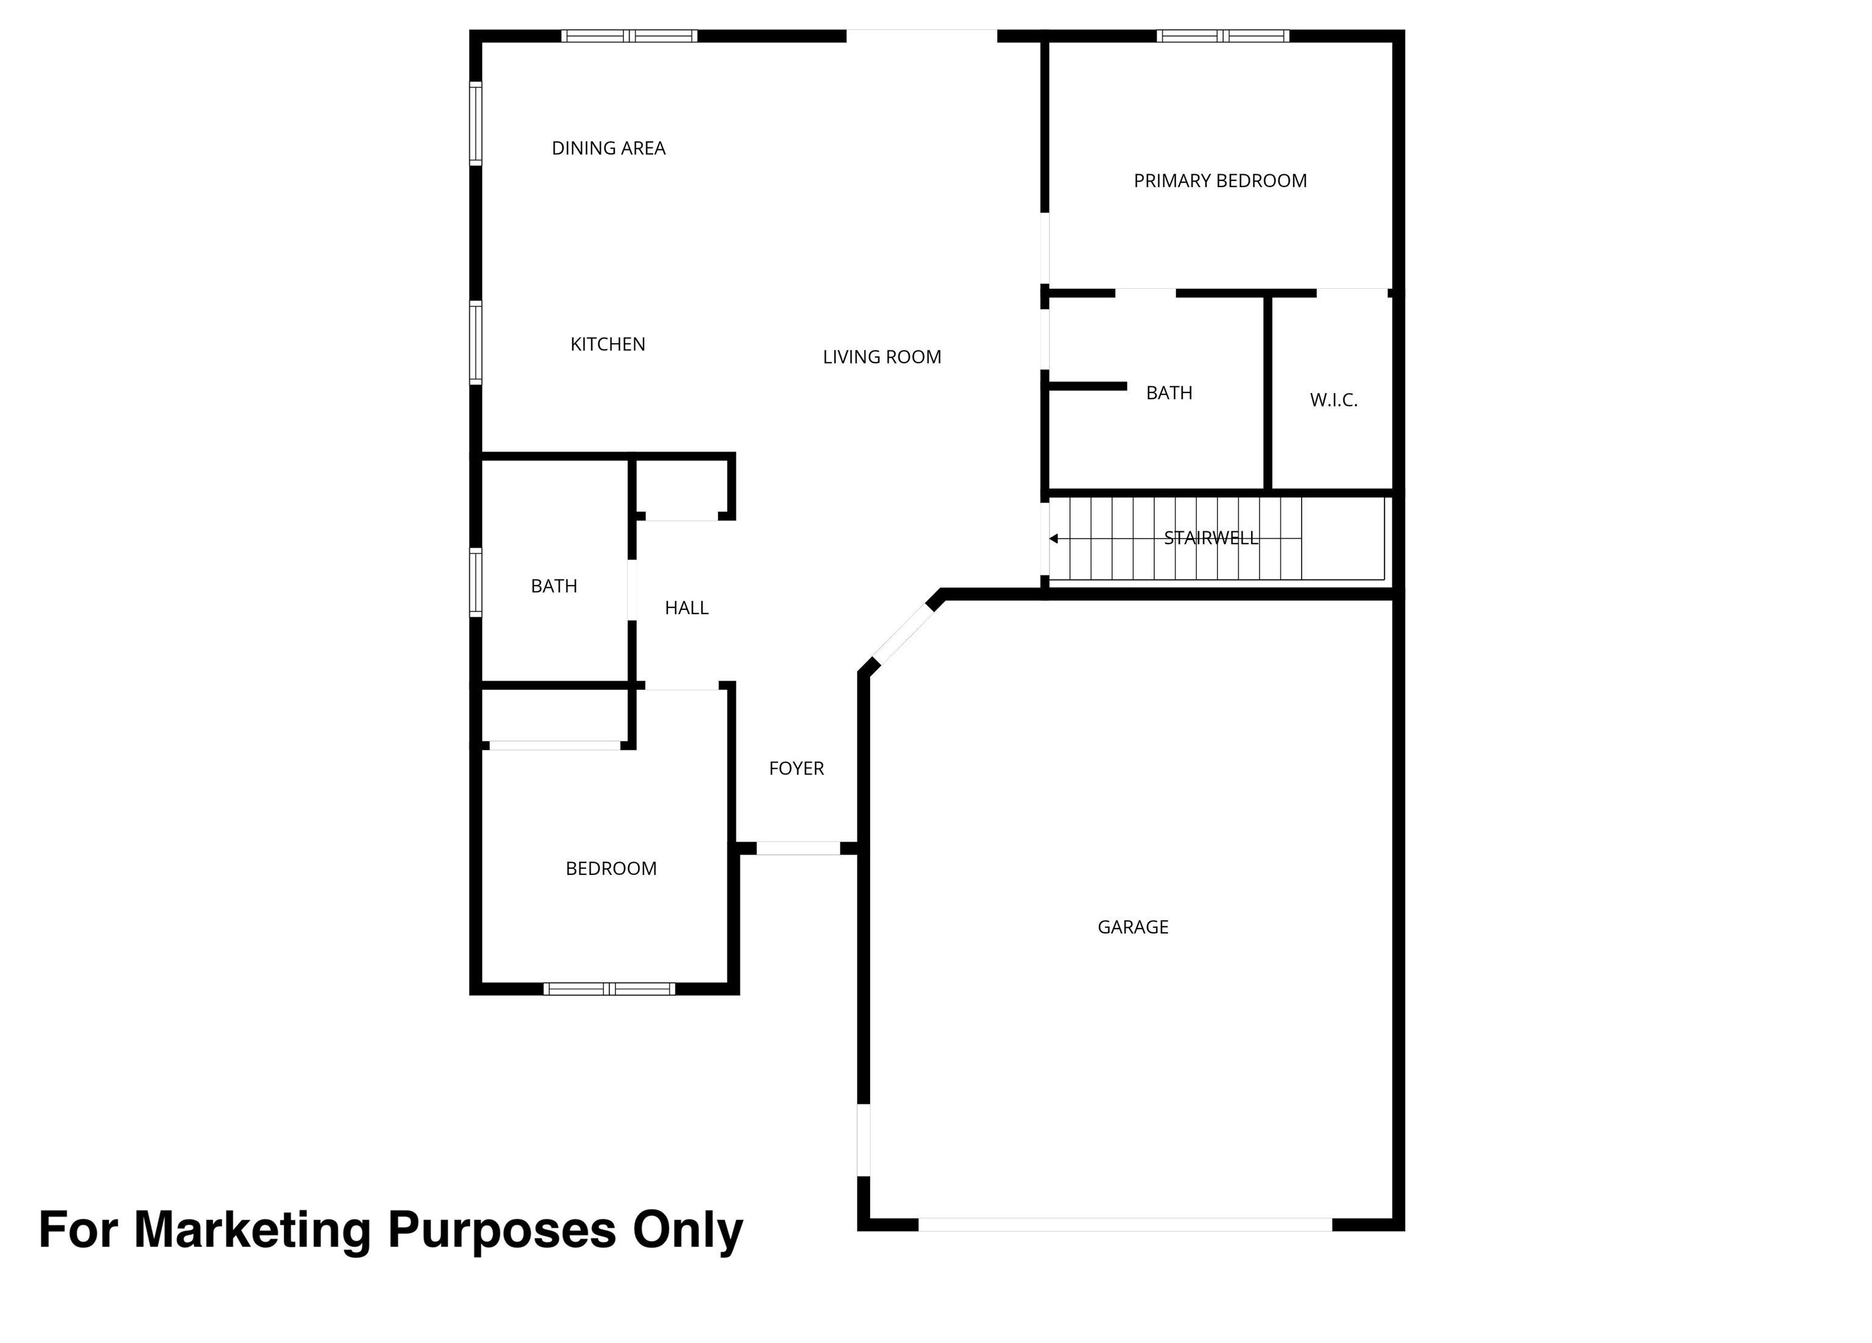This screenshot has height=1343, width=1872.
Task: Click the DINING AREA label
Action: [608, 149]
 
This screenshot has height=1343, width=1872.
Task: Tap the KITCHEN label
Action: [608, 344]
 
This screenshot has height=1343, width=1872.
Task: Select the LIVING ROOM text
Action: [882, 358]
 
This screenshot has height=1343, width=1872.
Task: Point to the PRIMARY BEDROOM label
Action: [1220, 181]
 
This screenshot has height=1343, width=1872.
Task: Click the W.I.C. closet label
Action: [1333, 400]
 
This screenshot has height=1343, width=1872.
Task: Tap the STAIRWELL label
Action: [1211, 538]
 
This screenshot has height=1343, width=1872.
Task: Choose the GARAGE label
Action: [1132, 927]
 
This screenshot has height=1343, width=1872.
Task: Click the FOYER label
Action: [796, 768]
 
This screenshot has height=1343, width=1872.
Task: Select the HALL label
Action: [687, 608]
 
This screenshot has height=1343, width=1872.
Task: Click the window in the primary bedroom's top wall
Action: [1222, 35]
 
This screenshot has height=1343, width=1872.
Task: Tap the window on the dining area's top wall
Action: [629, 35]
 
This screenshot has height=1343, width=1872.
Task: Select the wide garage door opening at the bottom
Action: [1125, 1224]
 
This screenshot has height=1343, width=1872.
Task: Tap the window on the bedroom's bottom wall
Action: [609, 989]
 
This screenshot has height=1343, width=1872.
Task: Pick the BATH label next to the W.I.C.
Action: [1169, 394]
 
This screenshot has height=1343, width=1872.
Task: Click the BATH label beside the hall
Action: [554, 587]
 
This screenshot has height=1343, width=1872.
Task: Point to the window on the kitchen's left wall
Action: [475, 342]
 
